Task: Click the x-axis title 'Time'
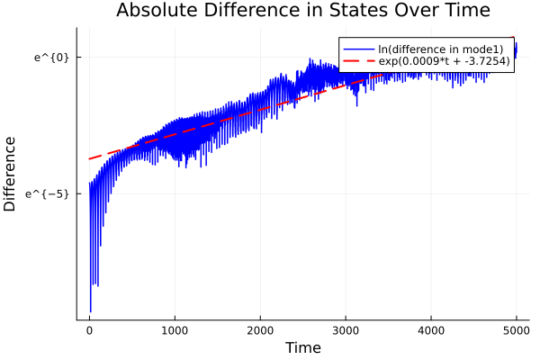302,347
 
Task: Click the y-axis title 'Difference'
11,174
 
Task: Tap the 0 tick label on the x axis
89,329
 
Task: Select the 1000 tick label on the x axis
175,329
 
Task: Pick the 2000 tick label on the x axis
260,329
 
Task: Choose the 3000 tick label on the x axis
346,329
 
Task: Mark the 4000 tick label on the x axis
431,329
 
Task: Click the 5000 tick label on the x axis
516,329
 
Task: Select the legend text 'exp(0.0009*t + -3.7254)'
444,61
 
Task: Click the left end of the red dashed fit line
89,159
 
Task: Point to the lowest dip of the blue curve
90,312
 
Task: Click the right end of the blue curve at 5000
516,44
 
